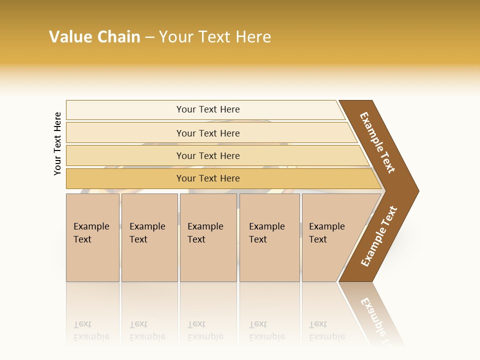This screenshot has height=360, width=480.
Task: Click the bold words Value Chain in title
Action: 94,37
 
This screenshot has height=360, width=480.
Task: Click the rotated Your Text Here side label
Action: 57,143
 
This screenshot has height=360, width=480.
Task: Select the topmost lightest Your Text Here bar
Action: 208,109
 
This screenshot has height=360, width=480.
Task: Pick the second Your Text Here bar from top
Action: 208,133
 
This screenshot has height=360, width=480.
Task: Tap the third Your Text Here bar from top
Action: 208,155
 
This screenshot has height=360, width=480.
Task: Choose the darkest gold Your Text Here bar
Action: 208,178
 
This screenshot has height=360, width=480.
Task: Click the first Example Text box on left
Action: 92,237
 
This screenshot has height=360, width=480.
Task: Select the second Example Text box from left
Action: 149,237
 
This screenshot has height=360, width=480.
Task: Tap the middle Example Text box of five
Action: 208,237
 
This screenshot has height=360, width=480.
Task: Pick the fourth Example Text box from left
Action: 269,237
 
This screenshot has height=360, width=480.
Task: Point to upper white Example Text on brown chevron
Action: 377,142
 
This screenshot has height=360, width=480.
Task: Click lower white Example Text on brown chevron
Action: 379,236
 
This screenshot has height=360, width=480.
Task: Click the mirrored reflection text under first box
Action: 91,330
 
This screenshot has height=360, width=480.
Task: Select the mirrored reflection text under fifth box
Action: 326,330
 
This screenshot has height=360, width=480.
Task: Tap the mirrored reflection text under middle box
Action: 205,330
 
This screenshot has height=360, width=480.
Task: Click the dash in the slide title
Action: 149,37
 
